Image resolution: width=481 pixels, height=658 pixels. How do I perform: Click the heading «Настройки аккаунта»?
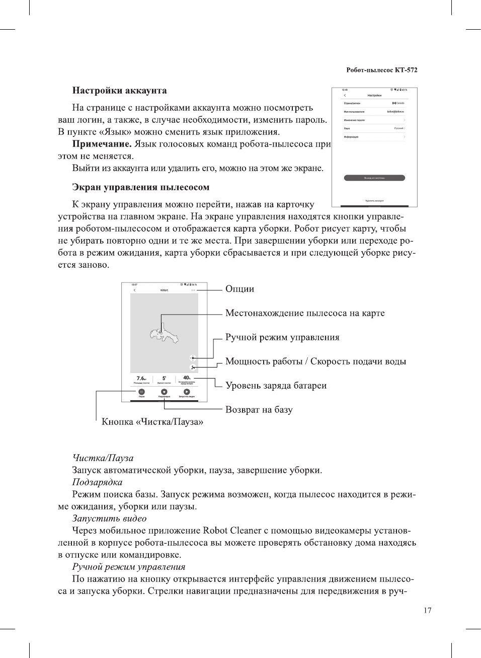(x=119, y=91)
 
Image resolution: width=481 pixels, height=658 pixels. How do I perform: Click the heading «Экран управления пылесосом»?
(x=140, y=187)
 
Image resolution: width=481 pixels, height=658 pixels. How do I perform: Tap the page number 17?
(x=427, y=610)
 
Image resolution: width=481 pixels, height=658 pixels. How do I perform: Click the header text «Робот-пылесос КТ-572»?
(x=381, y=70)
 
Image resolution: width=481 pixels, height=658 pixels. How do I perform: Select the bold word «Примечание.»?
(x=102, y=144)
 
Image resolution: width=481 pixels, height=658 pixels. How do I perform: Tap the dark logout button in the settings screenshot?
(x=374, y=178)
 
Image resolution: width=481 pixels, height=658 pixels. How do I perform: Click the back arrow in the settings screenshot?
(x=345, y=95)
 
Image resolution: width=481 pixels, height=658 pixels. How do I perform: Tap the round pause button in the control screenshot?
(x=141, y=392)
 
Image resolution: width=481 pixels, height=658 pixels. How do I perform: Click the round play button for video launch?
(x=187, y=392)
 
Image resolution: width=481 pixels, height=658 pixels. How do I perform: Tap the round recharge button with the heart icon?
(x=164, y=392)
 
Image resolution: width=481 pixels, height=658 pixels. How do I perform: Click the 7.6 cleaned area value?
(x=141, y=378)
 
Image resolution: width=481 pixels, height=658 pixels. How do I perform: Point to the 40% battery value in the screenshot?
(x=187, y=378)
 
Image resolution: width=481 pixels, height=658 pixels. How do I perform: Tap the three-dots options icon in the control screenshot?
(x=193, y=290)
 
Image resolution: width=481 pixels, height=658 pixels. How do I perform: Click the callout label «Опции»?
(x=239, y=289)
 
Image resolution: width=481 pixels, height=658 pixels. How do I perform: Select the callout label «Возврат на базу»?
(x=259, y=410)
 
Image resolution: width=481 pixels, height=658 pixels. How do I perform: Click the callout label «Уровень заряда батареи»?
(x=276, y=386)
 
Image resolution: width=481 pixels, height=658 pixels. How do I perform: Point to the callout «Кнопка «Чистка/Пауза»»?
(x=152, y=422)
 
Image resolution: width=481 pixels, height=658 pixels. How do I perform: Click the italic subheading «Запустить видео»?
(x=109, y=519)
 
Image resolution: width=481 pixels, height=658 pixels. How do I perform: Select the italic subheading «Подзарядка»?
(x=97, y=482)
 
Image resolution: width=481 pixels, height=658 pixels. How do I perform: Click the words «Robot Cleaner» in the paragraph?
(x=232, y=531)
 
